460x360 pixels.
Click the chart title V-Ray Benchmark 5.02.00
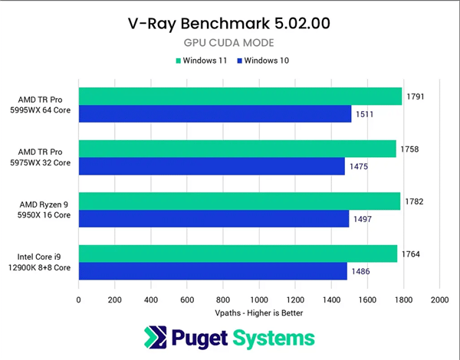pos(229,23)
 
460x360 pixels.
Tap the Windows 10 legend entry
pos(264,60)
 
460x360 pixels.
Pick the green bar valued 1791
pos(240,96)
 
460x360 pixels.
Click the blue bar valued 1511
pos(215,114)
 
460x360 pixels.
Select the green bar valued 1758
pos(237,149)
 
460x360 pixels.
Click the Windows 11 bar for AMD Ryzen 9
pos(239,201)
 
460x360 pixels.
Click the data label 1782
pos(415,201)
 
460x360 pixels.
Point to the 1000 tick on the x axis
pos(259,299)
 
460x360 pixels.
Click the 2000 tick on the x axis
pos(439,299)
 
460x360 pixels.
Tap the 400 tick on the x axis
pos(150,299)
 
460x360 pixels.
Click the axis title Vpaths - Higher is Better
pos(259,313)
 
